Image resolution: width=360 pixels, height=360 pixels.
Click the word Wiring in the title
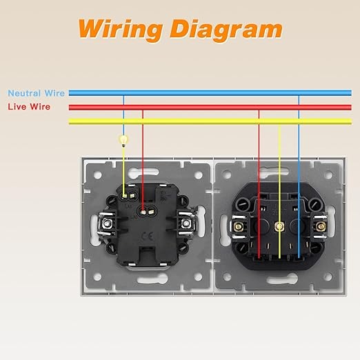click(121, 30)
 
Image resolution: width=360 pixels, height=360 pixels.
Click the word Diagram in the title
click(226, 30)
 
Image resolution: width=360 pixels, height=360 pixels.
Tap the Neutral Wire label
click(36, 93)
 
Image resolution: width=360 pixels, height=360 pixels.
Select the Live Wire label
click(29, 107)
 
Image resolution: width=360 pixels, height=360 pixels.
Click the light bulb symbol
click(123, 141)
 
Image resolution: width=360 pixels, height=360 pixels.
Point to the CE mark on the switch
click(148, 236)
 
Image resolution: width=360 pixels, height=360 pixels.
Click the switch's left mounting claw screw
click(107, 223)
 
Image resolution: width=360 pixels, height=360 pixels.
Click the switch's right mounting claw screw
click(186, 223)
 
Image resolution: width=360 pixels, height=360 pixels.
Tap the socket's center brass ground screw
click(279, 227)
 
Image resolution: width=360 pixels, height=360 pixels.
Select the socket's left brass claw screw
click(239, 227)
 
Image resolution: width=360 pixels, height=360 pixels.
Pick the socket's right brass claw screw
click(321, 227)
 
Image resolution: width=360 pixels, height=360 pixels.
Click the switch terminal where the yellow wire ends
click(124, 196)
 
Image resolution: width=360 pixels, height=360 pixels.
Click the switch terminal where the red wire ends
click(143, 212)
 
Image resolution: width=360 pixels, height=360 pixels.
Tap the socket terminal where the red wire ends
click(259, 258)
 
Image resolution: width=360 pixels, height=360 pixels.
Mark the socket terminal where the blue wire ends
click(299, 258)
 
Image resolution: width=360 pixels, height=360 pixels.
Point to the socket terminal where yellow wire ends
click(279, 258)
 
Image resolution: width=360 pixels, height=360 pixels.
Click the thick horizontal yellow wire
click(210, 121)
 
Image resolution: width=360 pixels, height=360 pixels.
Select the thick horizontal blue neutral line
click(210, 93)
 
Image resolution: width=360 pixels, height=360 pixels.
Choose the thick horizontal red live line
click(210, 108)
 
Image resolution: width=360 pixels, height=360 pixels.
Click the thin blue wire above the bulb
click(123, 115)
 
